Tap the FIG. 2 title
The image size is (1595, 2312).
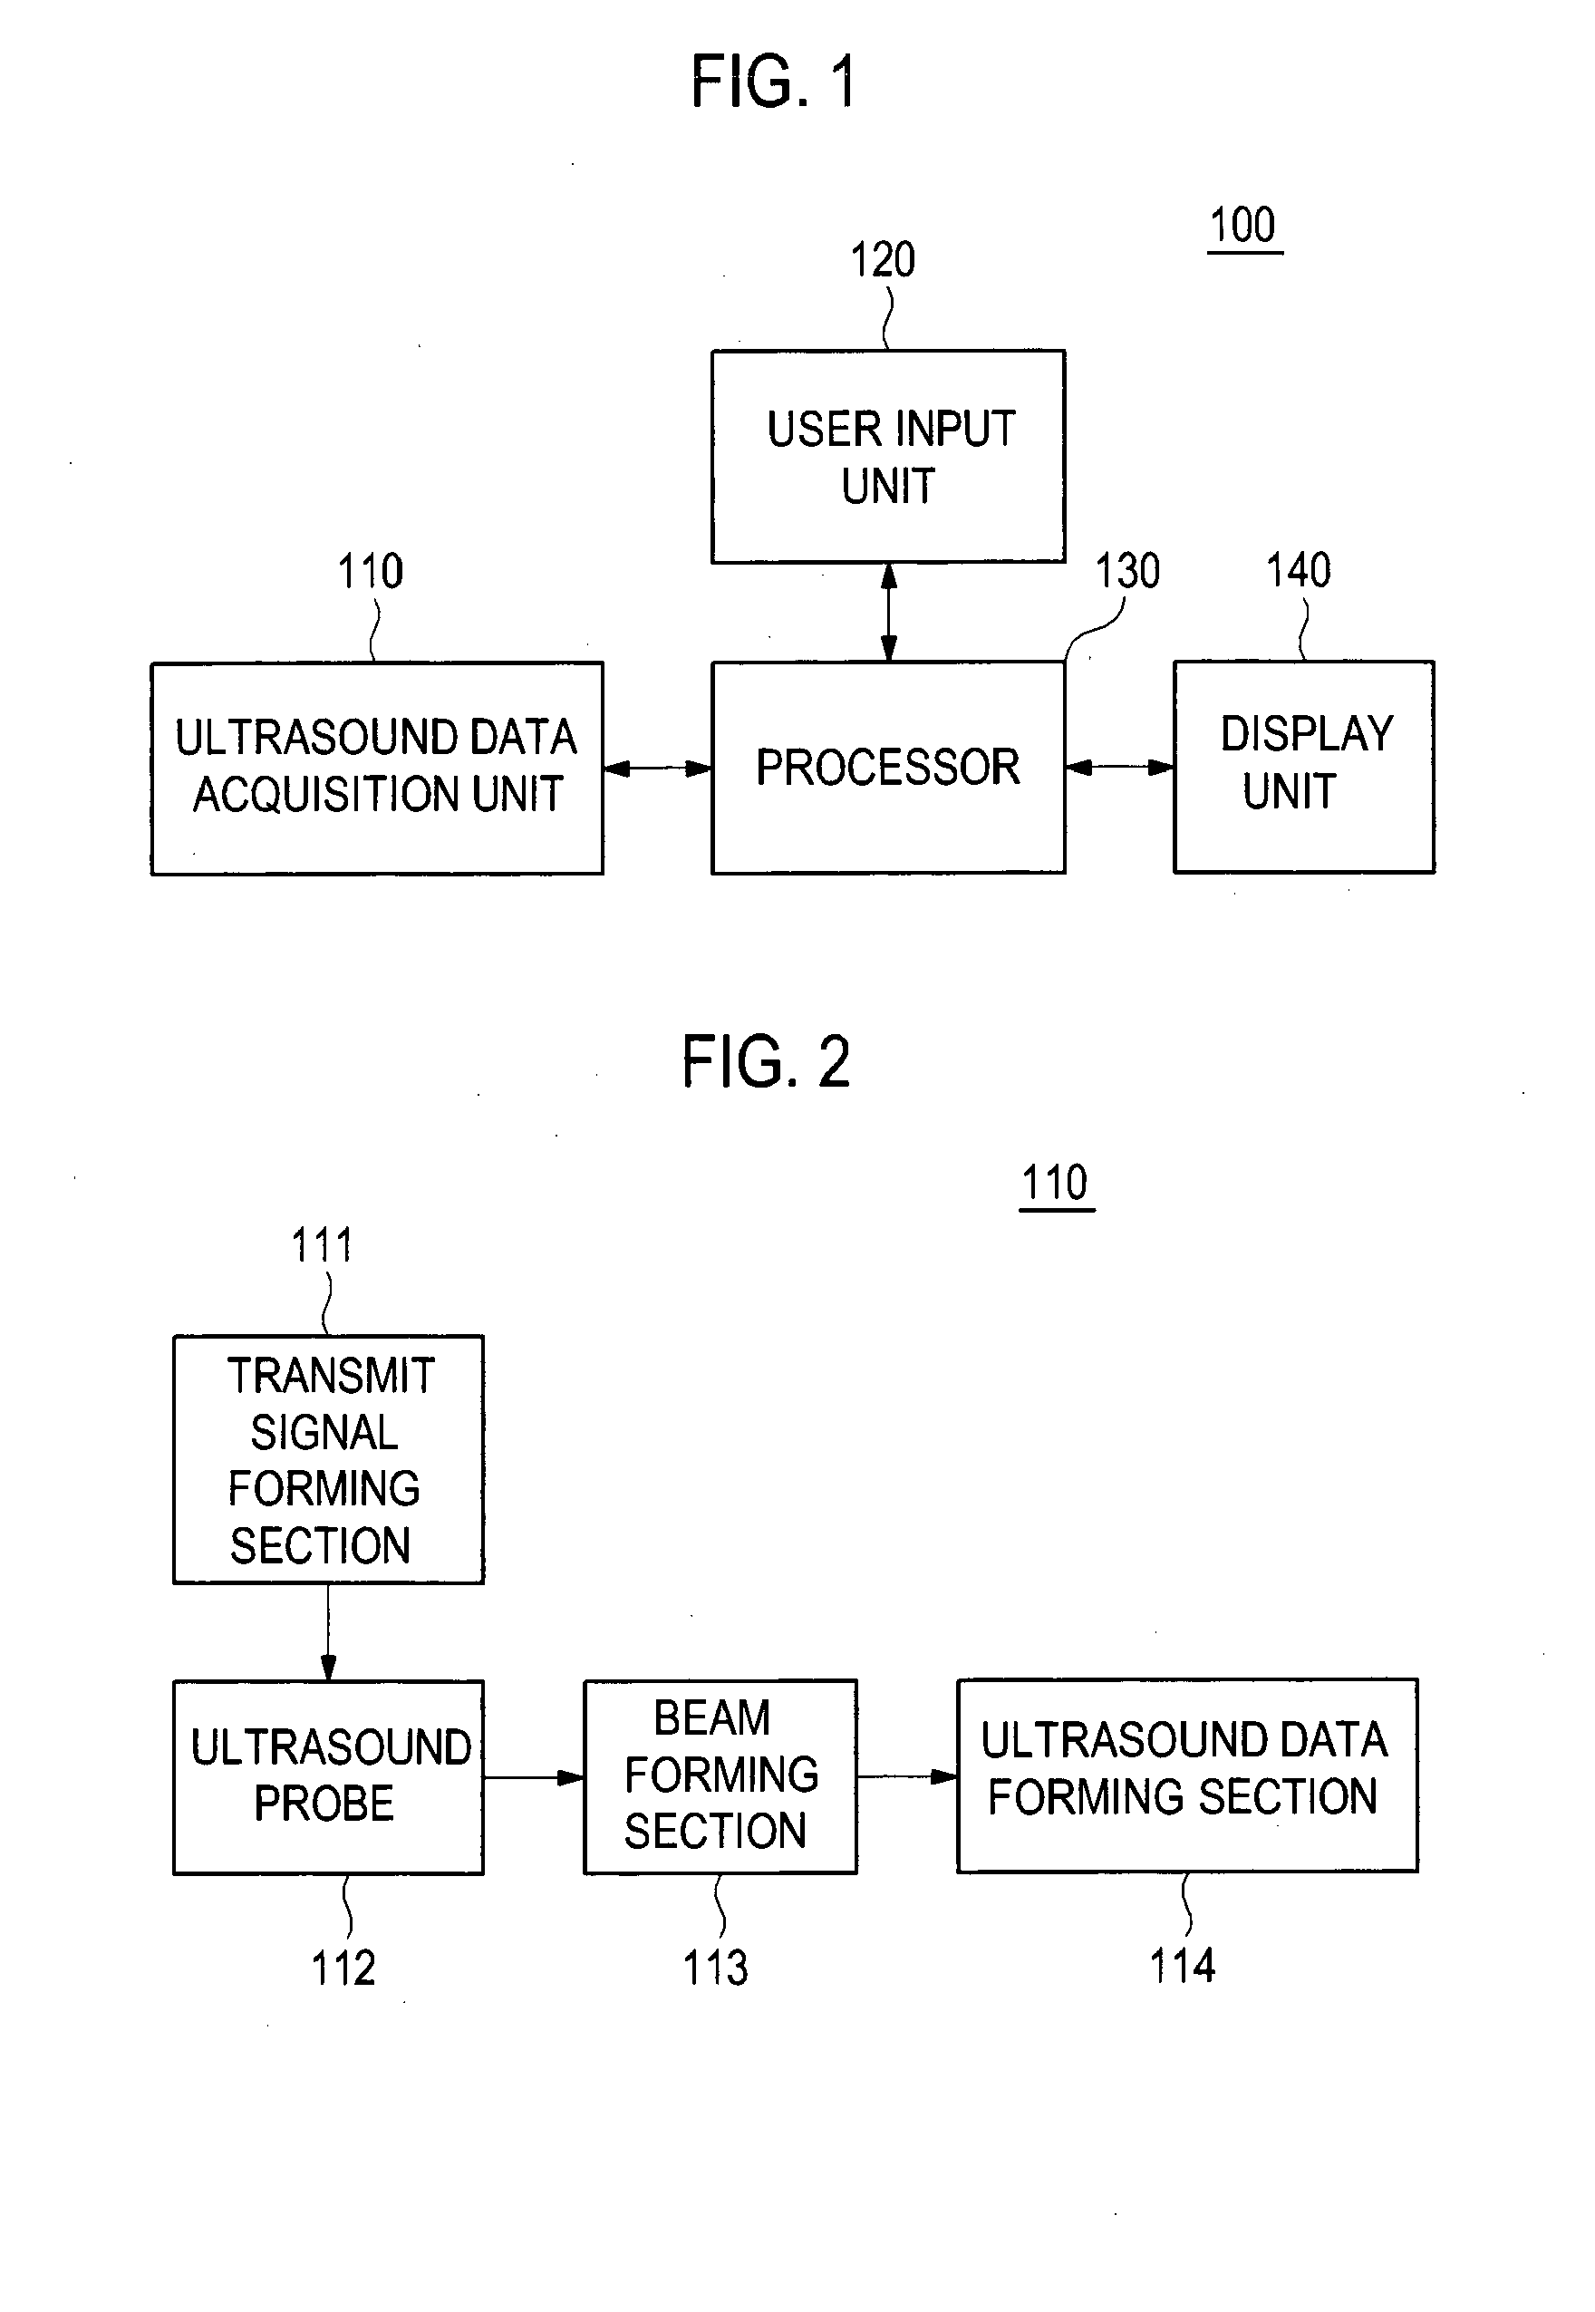[x=766, y=1061]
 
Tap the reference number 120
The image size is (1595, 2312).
[x=883, y=260]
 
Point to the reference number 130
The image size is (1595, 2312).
[x=1127, y=572]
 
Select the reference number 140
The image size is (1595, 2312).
[x=1298, y=570]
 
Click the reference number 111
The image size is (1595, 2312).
[x=322, y=1246]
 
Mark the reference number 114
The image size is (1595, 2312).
[x=1183, y=1967]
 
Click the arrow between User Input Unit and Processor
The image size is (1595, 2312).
[x=888, y=613]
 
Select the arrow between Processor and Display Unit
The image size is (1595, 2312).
[x=1120, y=768]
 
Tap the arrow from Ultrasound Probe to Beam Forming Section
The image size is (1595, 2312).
[x=535, y=1777]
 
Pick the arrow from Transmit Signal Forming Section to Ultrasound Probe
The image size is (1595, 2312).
[x=328, y=1632]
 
